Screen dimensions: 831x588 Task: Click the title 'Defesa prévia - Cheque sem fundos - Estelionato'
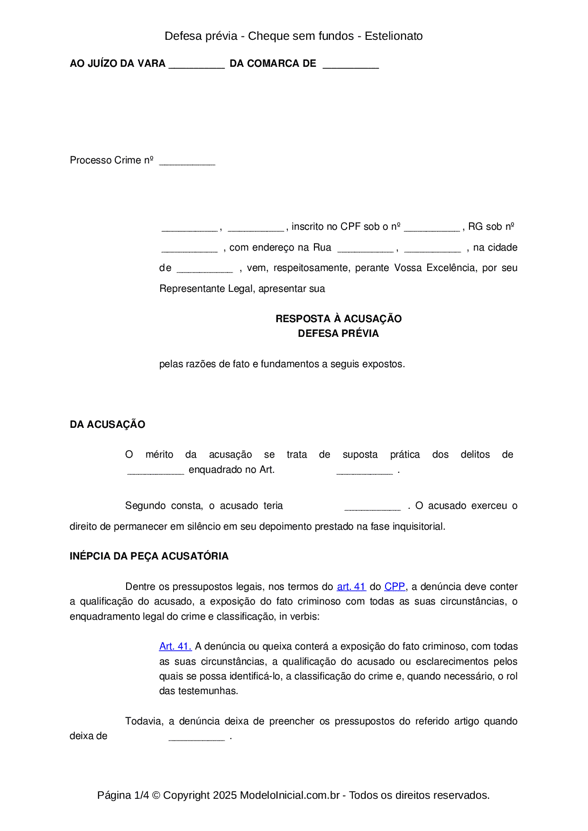294,36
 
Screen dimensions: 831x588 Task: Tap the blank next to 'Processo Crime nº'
187,162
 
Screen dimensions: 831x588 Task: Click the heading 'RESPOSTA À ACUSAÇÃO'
338,318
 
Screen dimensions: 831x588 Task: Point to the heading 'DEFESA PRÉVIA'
338,334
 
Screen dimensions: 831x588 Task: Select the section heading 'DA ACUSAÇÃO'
107,425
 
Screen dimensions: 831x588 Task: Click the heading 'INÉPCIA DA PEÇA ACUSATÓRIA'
149,556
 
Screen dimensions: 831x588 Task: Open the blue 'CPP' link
395,587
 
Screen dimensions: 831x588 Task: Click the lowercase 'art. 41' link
351,587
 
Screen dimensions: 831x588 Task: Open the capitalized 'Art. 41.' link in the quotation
175,646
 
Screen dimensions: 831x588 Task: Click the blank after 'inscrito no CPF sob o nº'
432,228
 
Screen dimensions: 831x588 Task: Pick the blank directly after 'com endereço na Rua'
365,249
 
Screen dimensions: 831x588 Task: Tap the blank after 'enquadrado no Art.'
364,471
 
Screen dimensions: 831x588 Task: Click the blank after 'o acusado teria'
372,507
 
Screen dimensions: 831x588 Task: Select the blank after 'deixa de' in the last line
196,737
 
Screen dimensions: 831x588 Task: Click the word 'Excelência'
452,268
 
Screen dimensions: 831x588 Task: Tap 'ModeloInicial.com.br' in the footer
290,795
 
